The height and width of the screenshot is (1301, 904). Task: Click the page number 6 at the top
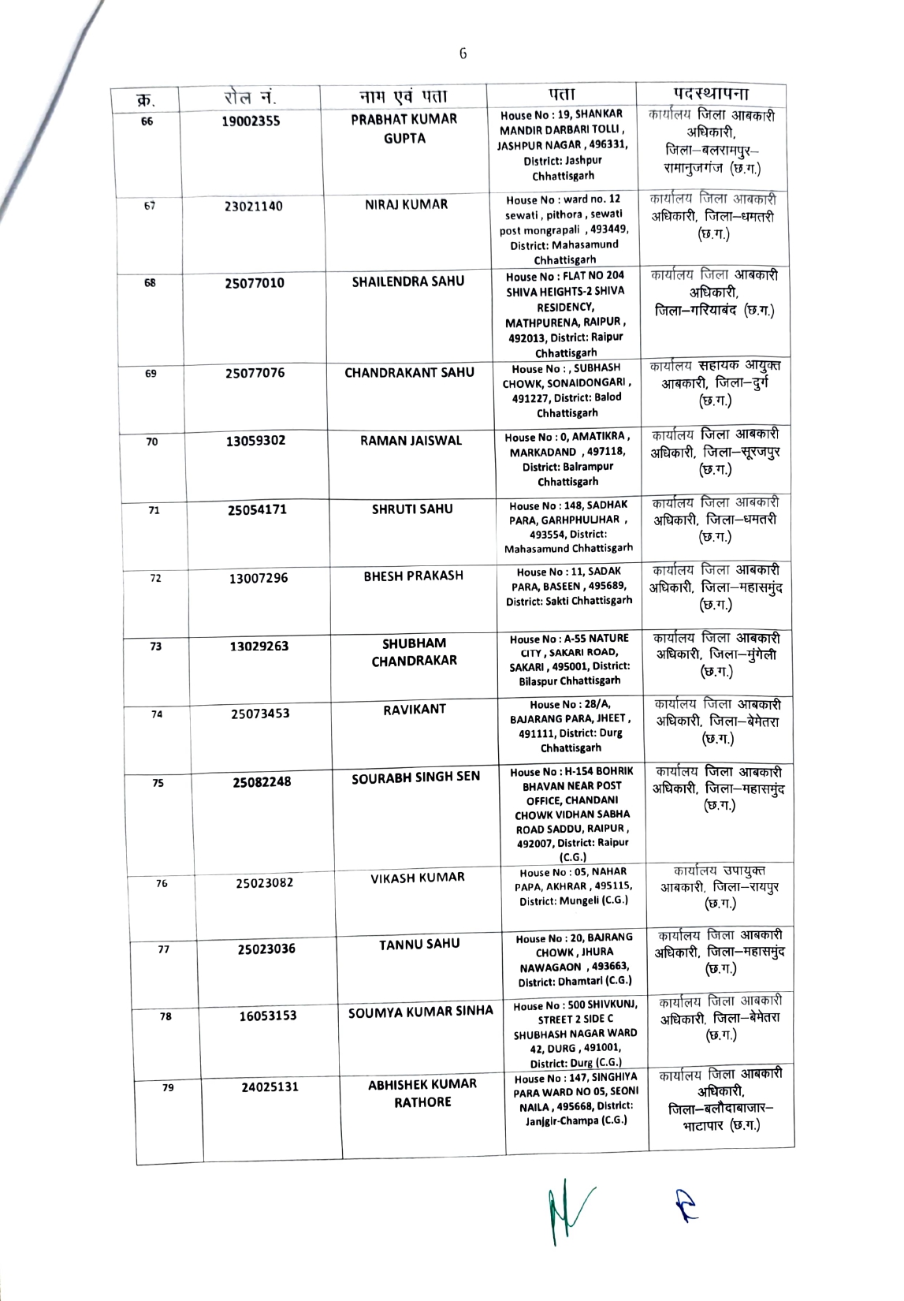click(463, 54)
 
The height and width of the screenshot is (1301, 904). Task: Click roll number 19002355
click(251, 121)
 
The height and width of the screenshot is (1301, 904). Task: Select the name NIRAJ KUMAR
click(406, 204)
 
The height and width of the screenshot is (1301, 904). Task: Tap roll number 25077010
click(255, 283)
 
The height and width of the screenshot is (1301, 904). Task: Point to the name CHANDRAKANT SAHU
click(409, 372)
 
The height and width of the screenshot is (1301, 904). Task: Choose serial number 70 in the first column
click(152, 442)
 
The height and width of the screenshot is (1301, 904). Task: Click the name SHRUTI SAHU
click(412, 509)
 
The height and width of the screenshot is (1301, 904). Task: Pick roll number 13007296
click(259, 578)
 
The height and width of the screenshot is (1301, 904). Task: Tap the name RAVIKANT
click(415, 709)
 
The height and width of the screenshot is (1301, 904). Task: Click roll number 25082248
click(262, 781)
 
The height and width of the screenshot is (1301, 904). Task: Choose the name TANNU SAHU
click(419, 944)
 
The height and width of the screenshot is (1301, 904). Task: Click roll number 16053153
click(269, 1016)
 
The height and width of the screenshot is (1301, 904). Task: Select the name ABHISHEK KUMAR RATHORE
click(422, 1093)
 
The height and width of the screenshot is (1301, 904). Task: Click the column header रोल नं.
click(247, 98)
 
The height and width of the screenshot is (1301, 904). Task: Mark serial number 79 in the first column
click(168, 1088)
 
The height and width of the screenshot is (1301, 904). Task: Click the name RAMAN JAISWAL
click(411, 440)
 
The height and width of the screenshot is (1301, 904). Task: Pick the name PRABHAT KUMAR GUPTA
click(404, 129)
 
